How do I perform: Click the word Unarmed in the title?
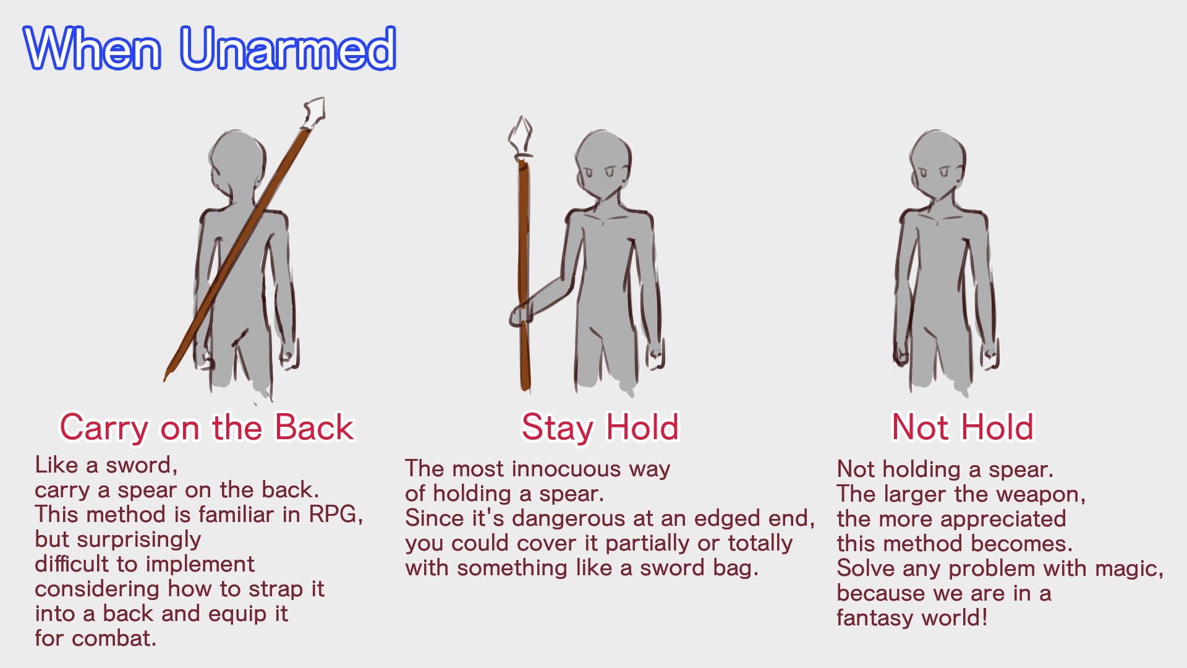(x=288, y=48)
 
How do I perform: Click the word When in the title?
(x=93, y=48)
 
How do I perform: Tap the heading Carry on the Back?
(x=206, y=428)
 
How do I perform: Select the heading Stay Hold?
(x=600, y=428)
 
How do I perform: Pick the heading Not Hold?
(x=962, y=427)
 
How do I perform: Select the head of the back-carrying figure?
(x=236, y=163)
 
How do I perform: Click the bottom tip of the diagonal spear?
(x=165, y=379)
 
